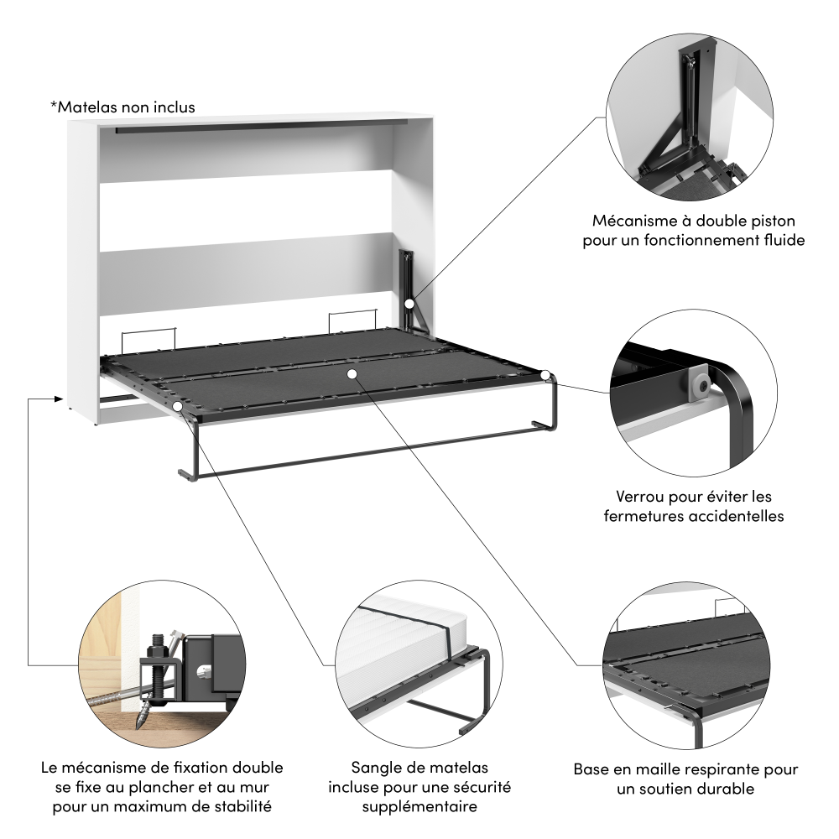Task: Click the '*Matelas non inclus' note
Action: coord(122,107)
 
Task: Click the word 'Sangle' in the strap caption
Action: coord(376,768)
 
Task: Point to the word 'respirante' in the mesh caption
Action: coord(723,769)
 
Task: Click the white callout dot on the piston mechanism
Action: coord(409,304)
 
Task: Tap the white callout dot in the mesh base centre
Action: coord(352,374)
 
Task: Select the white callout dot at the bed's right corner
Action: coord(545,375)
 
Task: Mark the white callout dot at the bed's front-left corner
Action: coord(178,406)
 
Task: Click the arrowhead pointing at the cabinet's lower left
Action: coord(59,398)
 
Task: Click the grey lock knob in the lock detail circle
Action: coord(701,382)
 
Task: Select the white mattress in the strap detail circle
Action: coord(399,648)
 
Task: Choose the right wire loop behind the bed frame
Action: coord(352,320)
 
